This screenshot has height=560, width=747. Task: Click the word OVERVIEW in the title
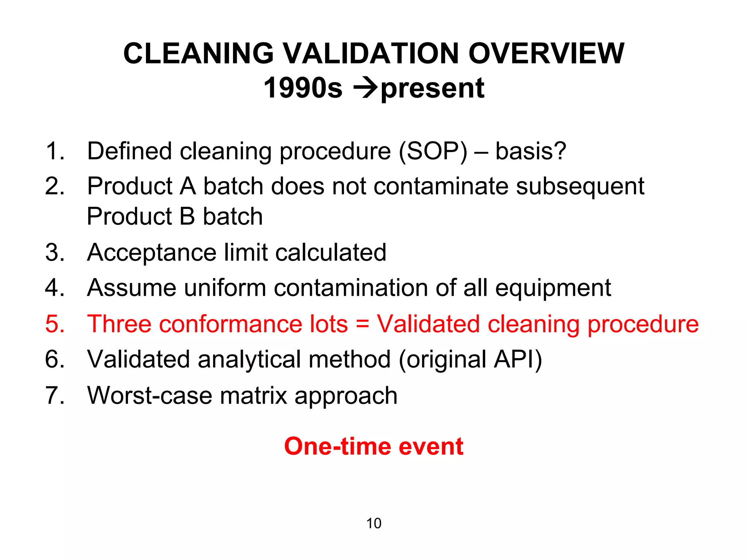click(x=546, y=54)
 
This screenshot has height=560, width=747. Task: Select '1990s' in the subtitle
click(x=303, y=88)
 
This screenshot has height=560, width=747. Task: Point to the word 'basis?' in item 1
click(x=531, y=151)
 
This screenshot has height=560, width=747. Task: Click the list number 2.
click(x=55, y=186)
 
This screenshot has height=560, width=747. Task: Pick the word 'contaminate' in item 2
click(x=441, y=186)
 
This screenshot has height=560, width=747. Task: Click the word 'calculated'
click(x=330, y=252)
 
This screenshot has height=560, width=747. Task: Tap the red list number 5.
click(x=55, y=324)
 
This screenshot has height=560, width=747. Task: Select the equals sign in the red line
click(x=362, y=324)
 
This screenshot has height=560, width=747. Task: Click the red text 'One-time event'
click(x=373, y=446)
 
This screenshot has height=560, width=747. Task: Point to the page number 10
click(x=373, y=524)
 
